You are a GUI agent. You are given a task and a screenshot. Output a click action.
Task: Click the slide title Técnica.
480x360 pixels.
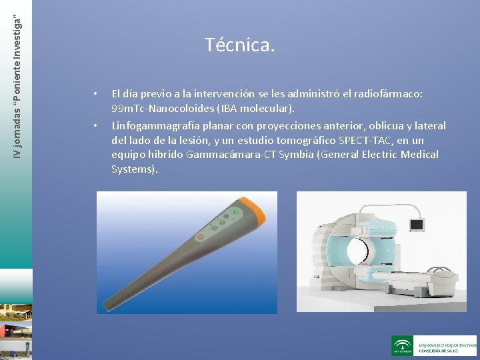[x=239, y=45]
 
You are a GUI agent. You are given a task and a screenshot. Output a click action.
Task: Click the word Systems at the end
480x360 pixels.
[x=133, y=169]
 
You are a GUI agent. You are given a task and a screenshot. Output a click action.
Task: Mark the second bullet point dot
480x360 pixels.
[x=96, y=124]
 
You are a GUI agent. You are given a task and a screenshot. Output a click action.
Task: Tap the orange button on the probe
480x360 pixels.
[x=198, y=237]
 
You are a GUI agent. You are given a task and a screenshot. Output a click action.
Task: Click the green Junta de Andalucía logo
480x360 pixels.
[x=402, y=345]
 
